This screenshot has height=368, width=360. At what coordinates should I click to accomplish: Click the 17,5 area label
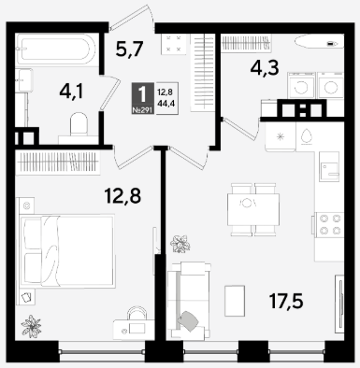point(286,302)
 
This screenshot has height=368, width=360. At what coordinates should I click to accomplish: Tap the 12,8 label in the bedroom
point(122,196)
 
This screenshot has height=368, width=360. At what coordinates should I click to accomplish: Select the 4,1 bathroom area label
point(71,92)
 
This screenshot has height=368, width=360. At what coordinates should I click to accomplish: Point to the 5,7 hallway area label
point(129,50)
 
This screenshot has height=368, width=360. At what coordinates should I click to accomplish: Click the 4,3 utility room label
point(265,68)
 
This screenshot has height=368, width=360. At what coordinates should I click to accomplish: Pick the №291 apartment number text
point(143,110)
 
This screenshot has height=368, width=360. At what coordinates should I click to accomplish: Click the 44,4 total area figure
point(166,104)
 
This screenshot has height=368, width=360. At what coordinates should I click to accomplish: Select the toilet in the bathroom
point(79,128)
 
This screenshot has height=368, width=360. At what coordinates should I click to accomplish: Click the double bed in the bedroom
point(67,250)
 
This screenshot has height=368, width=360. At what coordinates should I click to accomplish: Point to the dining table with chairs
point(253,209)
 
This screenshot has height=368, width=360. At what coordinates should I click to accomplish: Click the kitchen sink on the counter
point(329,166)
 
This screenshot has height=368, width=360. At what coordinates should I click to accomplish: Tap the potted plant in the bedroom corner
point(31,326)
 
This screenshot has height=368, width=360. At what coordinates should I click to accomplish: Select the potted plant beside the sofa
point(180,244)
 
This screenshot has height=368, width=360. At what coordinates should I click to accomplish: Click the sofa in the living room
point(189,301)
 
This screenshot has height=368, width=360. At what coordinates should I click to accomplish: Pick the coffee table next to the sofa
point(235,301)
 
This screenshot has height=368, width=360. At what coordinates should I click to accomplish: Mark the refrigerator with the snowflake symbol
point(281,136)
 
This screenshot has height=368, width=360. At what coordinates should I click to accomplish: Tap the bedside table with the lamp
point(26,205)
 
